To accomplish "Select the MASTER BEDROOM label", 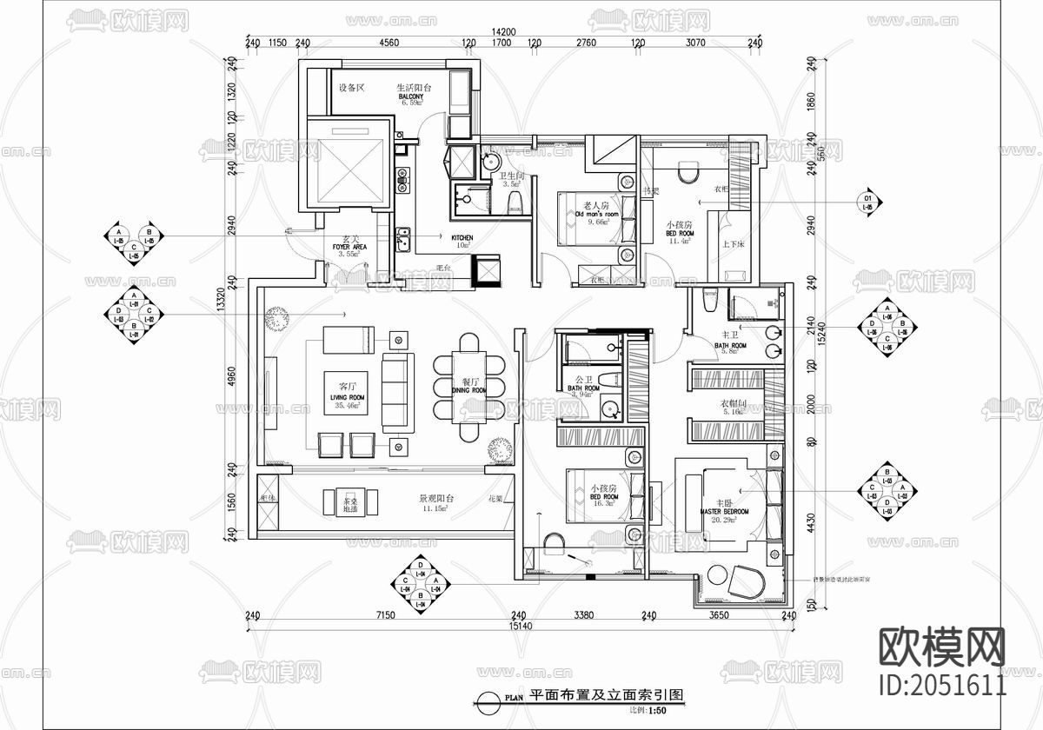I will [724, 512].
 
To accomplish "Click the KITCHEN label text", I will [462, 237].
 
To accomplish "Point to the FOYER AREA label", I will [349, 247].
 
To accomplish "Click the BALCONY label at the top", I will [411, 97].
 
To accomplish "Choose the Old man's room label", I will [596, 214].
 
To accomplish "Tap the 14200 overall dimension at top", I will [502, 31].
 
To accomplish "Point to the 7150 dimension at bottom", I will [385, 615].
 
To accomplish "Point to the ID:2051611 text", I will [943, 684].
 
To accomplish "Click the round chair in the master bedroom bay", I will [744, 580].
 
